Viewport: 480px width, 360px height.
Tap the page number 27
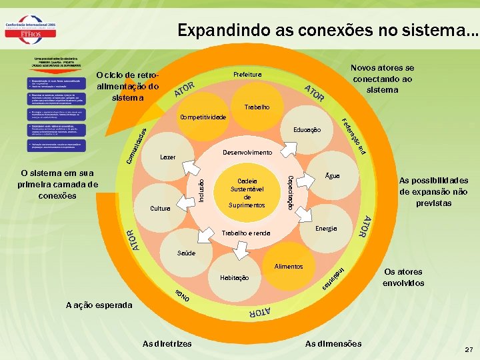[x=469, y=349]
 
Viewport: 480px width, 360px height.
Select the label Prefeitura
[x=247, y=74]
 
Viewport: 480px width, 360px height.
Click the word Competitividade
[x=203, y=118]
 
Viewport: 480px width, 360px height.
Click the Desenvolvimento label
[x=247, y=153]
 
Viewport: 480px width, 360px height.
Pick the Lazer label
[x=167, y=157]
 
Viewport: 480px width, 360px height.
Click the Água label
[x=332, y=176]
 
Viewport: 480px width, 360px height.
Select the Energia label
[x=326, y=229]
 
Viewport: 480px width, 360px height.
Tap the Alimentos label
[x=289, y=266]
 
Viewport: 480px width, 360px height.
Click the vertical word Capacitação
[x=289, y=189]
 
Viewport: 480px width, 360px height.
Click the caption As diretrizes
[x=167, y=343]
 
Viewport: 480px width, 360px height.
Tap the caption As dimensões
[x=333, y=343]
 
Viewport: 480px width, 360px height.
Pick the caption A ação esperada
[x=99, y=305]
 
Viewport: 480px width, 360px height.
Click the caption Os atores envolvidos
[x=403, y=277]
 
